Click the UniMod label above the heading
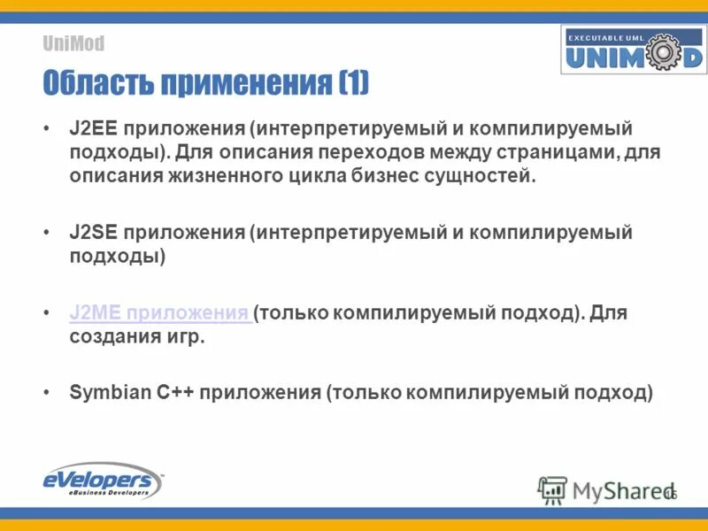tap(73, 43)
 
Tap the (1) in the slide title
tap(352, 84)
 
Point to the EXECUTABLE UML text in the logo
tap(608, 38)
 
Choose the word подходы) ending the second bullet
tap(118, 257)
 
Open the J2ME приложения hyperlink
tap(159, 314)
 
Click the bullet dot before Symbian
tap(47, 393)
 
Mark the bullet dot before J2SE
tap(47, 234)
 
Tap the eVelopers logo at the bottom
tap(103, 481)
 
